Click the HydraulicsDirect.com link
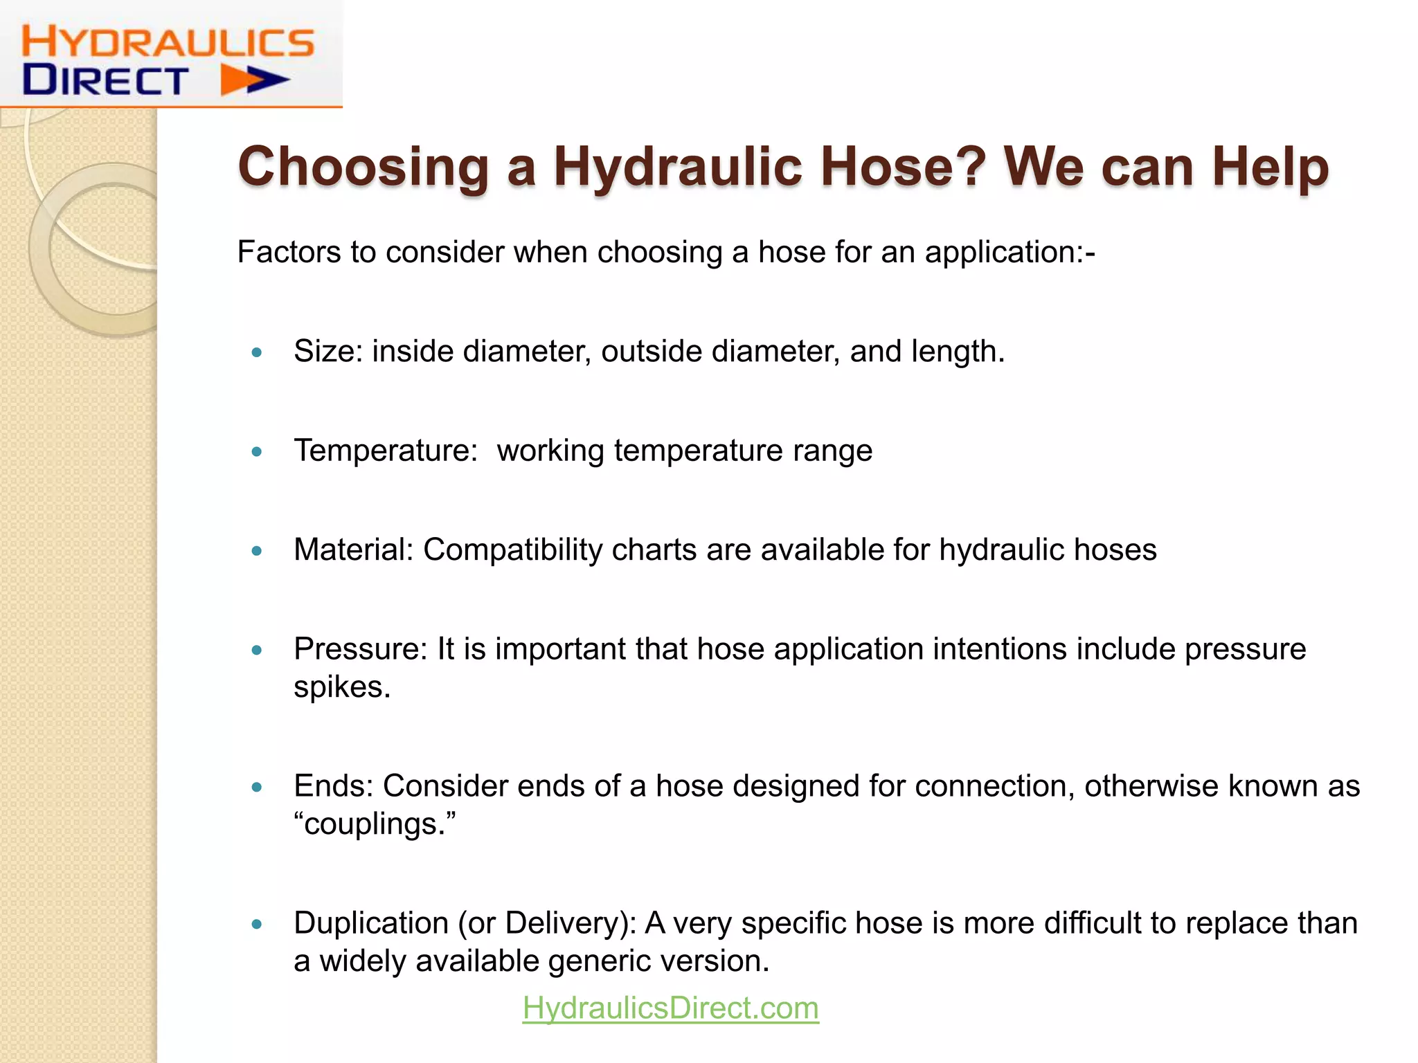(x=670, y=1008)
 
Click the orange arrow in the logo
(x=253, y=80)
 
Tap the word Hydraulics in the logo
(x=168, y=42)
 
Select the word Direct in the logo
(x=105, y=80)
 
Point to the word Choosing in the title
(x=364, y=167)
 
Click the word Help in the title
(x=1270, y=167)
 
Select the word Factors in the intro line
(x=289, y=252)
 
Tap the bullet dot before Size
(x=258, y=352)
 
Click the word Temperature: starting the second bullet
(x=386, y=451)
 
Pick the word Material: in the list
(x=353, y=549)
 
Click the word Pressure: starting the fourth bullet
(x=361, y=649)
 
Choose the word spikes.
(x=342, y=687)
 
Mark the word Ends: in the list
(x=333, y=786)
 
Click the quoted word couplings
(x=375, y=824)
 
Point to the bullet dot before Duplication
(x=258, y=924)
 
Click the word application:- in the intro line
(x=1009, y=252)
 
